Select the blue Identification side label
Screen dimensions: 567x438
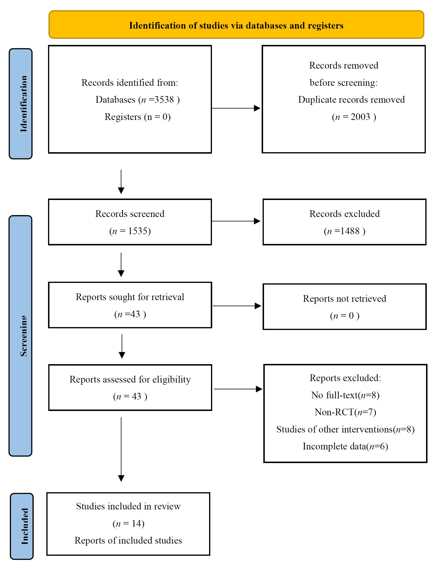pyautogui.click(x=21, y=104)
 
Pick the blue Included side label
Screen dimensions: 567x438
pyautogui.click(x=22, y=526)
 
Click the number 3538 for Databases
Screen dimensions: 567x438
pyautogui.click(x=164, y=100)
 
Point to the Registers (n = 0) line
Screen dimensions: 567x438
pyautogui.click(x=137, y=117)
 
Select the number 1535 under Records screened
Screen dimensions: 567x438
pyautogui.click(x=139, y=231)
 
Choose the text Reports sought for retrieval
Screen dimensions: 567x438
pyautogui.click(x=130, y=297)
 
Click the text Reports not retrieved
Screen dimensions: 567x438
pyautogui.click(x=344, y=299)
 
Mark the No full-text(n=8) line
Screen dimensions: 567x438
pyautogui.click(x=345, y=395)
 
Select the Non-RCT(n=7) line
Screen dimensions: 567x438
pyautogui.click(x=345, y=412)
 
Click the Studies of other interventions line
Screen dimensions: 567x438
pyautogui.click(x=345, y=429)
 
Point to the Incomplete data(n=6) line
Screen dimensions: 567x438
pyautogui.click(x=345, y=446)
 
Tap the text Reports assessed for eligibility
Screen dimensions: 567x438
pyautogui.click(x=130, y=379)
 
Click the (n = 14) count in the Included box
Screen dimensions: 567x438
pyautogui.click(x=129, y=523)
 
